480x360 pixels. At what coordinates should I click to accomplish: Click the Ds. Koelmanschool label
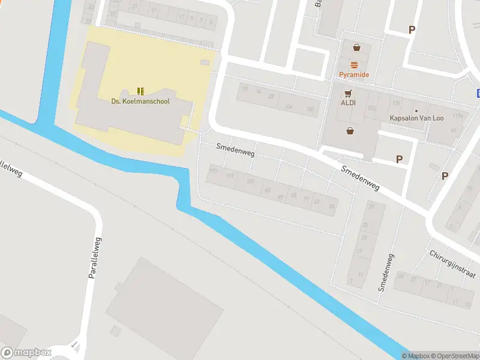140,101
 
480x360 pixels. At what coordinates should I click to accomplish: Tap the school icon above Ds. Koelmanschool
140,91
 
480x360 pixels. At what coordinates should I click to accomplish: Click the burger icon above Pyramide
355,65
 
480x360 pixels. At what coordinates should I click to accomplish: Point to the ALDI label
349,103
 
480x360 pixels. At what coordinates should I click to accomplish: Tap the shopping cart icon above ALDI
348,93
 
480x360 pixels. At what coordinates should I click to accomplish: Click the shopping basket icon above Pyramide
357,47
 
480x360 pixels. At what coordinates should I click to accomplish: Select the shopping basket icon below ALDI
350,130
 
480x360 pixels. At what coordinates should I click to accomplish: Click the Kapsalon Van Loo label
416,118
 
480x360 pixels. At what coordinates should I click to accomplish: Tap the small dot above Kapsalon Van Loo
416,110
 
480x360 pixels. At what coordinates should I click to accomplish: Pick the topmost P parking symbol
412,29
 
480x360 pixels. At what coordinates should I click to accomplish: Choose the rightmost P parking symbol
445,176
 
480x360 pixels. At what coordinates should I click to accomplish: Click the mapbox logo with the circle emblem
26,353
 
